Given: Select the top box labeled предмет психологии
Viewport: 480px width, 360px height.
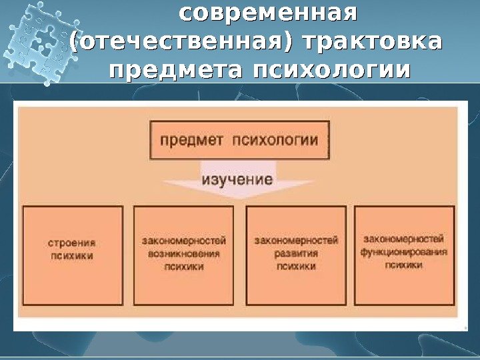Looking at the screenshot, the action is click(x=239, y=140).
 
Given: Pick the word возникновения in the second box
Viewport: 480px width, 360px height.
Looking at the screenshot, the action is click(x=184, y=255).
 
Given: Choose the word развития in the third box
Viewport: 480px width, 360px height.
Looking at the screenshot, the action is click(x=297, y=254).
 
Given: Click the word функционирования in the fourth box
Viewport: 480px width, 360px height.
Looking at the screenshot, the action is click(x=403, y=253).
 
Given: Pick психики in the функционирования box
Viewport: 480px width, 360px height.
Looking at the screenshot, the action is click(x=403, y=265).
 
